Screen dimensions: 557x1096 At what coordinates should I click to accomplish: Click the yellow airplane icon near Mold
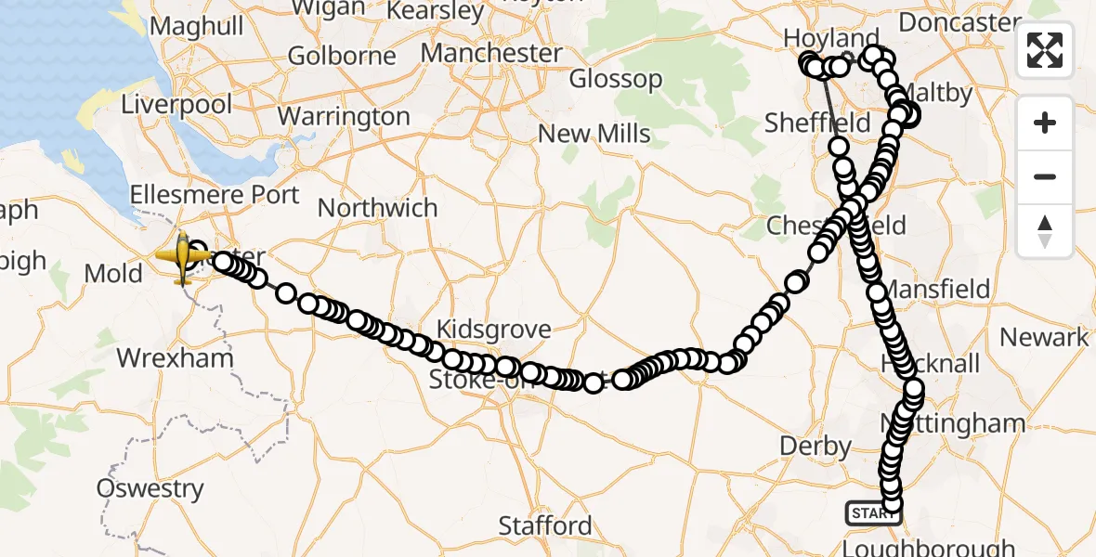tap(183, 256)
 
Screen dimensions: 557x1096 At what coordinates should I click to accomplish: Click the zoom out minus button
tap(1045, 177)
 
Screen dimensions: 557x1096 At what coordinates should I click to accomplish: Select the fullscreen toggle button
tap(1045, 50)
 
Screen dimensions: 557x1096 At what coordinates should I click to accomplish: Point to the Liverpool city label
tap(176, 104)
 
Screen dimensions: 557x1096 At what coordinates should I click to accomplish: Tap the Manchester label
tap(491, 53)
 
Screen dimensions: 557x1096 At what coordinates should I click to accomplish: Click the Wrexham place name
tap(175, 357)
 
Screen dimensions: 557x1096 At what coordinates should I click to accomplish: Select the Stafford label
tap(545, 525)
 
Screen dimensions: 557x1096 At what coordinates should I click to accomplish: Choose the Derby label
tap(815, 447)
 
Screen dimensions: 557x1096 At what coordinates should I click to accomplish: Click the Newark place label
tap(1043, 337)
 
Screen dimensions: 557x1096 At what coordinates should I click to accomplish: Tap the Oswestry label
tap(150, 488)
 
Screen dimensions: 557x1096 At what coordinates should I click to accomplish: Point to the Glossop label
tap(615, 79)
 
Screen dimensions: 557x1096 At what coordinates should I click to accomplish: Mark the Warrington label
tap(344, 117)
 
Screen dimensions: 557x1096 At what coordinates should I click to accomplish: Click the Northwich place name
tap(377, 208)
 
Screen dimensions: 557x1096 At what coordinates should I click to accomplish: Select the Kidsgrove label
tap(493, 329)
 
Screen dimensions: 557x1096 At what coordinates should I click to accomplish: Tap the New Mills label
tap(594, 134)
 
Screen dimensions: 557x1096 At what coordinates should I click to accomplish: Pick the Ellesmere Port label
tap(215, 195)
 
